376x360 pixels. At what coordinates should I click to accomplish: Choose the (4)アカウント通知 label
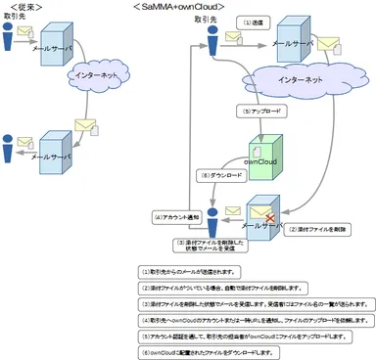pyautogui.click(x=177, y=216)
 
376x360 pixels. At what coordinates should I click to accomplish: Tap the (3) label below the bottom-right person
pyautogui.click(x=209, y=247)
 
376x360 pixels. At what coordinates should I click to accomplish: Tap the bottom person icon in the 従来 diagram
pyautogui.click(x=10, y=147)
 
